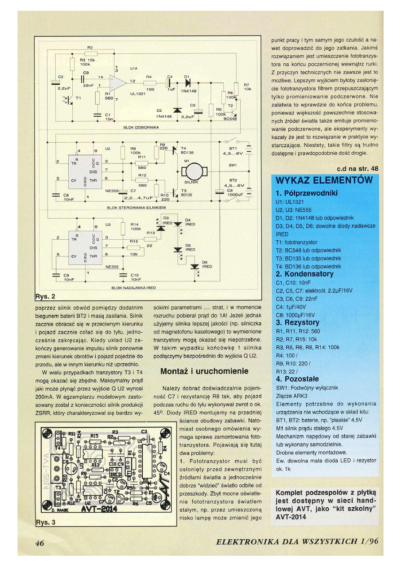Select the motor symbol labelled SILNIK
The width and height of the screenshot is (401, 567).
coord(194,171)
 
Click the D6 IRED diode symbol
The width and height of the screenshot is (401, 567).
coord(194,267)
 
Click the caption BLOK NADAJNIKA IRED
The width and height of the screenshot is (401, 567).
coord(133,287)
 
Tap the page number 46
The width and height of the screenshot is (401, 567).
coord(42,543)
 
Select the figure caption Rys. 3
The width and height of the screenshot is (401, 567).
coord(45,523)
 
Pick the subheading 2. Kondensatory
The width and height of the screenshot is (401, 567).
coord(304,274)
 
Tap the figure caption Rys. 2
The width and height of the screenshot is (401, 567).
coord(45,297)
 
